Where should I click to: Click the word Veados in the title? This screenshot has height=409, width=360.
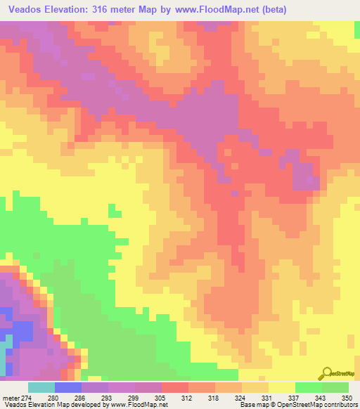pos(29,11)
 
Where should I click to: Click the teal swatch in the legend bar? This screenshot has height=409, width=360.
pos(41,388)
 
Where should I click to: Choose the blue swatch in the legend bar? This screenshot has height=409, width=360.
pos(68,388)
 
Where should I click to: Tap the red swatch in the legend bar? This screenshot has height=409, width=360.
pos(175,388)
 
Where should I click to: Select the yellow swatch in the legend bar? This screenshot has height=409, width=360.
pos(282,388)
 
